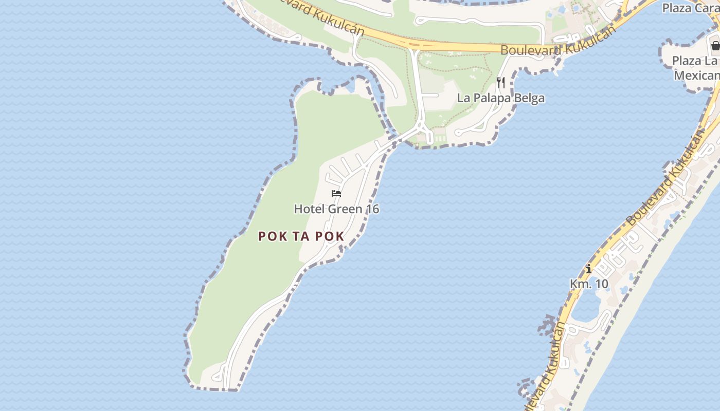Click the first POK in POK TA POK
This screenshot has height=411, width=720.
pyautogui.click(x=271, y=236)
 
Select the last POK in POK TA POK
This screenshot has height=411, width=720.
pyautogui.click(x=330, y=236)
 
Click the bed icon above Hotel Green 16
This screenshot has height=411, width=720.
pyautogui.click(x=336, y=194)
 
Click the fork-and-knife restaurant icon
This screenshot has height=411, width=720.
pyautogui.click(x=501, y=82)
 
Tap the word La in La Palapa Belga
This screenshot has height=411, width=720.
pyautogui.click(x=463, y=98)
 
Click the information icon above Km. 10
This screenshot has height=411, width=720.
pyautogui.click(x=589, y=269)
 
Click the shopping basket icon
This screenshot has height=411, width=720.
pyautogui.click(x=715, y=45)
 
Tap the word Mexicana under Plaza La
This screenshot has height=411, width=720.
pyautogui.click(x=697, y=76)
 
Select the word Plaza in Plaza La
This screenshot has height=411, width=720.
pyautogui.click(x=687, y=61)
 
